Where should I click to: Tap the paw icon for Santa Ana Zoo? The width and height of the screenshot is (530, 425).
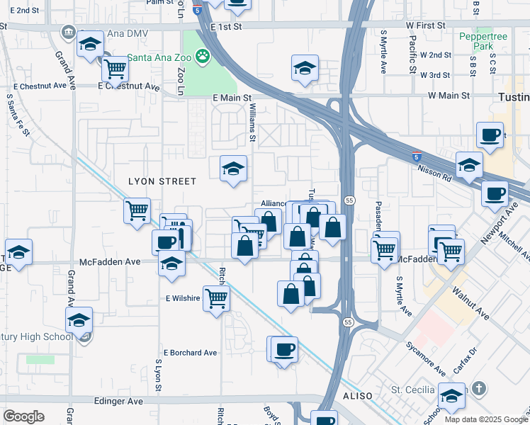[x=203, y=55]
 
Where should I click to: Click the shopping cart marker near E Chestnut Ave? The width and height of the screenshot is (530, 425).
[x=115, y=69]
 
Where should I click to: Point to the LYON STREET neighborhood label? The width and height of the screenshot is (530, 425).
[x=162, y=181]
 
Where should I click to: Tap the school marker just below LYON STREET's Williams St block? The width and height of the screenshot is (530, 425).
[x=232, y=169]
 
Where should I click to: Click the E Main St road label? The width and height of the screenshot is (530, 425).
[x=232, y=98]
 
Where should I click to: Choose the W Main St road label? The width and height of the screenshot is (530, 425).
[x=449, y=95]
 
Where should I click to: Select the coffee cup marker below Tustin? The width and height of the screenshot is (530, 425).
[x=490, y=135]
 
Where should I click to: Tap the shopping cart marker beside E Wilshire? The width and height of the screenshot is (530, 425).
[x=216, y=297]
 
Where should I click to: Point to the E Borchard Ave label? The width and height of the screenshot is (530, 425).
[x=190, y=353]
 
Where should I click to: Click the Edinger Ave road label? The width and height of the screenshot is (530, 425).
[x=118, y=401]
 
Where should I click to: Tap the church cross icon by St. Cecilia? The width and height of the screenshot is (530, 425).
[x=479, y=388]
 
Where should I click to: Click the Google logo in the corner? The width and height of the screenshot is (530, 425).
[x=23, y=416]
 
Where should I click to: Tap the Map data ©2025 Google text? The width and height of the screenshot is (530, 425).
[x=485, y=419]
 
